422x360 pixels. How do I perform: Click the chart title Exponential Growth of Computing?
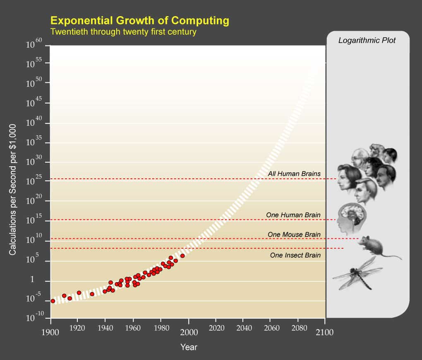pyautogui.click(x=139, y=20)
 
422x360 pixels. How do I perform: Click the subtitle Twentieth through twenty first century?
pyautogui.click(x=123, y=32)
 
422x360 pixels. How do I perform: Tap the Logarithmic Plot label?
pyautogui.click(x=367, y=41)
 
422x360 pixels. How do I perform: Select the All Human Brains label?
pyautogui.click(x=294, y=174)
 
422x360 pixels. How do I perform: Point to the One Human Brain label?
pyautogui.click(x=293, y=215)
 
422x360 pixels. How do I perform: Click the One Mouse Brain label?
pyautogui.click(x=294, y=235)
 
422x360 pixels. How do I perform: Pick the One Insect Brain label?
pyautogui.click(x=295, y=255)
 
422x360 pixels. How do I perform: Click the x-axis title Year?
pyautogui.click(x=189, y=347)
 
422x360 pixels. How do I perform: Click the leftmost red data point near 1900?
pyautogui.click(x=53, y=301)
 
